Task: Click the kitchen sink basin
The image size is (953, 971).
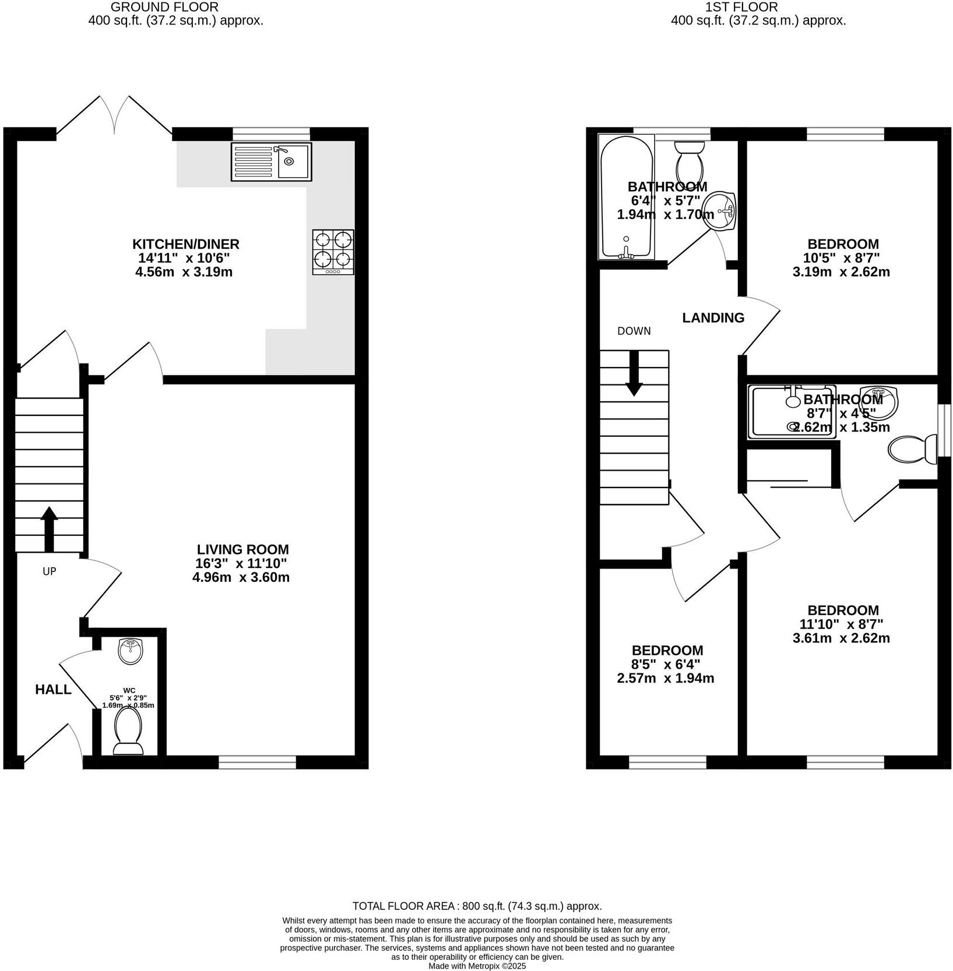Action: [x=293, y=161]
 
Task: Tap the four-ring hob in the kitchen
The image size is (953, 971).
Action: [x=333, y=252]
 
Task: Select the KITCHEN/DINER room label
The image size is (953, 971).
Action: [x=185, y=244]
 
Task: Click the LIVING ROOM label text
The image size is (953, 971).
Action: [x=242, y=549]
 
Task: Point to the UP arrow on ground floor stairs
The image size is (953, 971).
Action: [x=49, y=528]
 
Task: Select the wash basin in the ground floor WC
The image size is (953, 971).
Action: [x=131, y=651]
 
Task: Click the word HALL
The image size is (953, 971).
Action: [x=53, y=690]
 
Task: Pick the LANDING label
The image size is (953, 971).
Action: [x=713, y=317]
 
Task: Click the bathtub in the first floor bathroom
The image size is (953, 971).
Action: [x=625, y=198]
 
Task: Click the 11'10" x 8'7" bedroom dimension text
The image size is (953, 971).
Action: [x=841, y=624]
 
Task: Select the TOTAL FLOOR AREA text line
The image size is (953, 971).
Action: [x=477, y=906]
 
